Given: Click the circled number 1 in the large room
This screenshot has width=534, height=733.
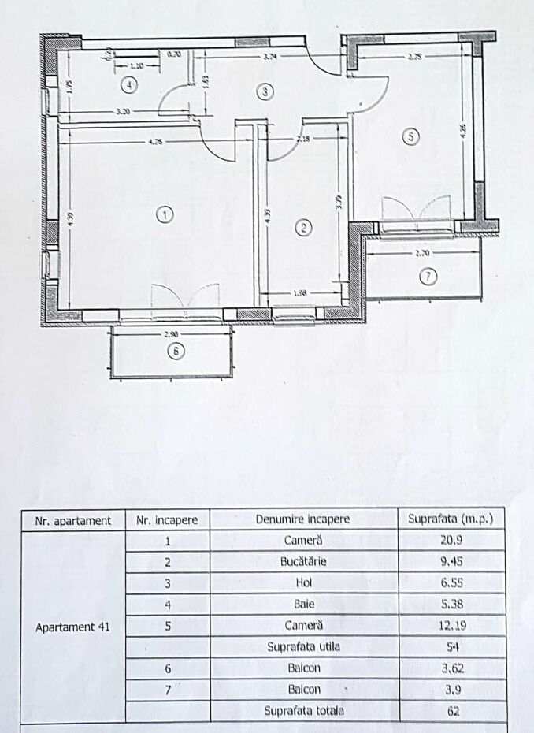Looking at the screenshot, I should (164, 214).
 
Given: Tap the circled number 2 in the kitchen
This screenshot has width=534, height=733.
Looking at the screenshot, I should (303, 228).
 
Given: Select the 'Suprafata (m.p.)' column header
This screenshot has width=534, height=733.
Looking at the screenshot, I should (451, 520).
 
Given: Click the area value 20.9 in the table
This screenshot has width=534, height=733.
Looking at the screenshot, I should (452, 541).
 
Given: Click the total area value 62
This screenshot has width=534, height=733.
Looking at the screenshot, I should (452, 711).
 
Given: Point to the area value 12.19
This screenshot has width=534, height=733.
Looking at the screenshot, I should (452, 626).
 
